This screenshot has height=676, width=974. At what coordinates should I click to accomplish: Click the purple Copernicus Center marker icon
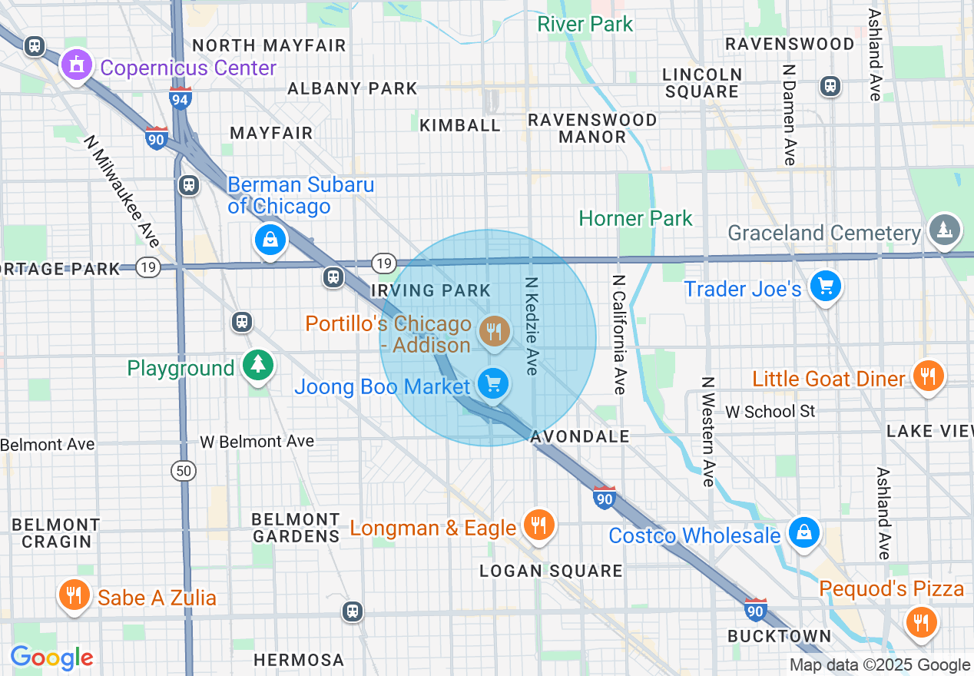click(76, 67)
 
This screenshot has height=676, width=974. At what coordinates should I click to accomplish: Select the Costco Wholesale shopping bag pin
click(803, 532)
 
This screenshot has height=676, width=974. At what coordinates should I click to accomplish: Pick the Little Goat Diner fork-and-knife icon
click(929, 376)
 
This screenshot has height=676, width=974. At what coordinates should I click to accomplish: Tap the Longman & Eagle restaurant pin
click(538, 525)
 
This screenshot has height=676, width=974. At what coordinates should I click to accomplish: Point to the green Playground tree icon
click(257, 366)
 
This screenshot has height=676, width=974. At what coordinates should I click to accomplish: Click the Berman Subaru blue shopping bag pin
click(270, 240)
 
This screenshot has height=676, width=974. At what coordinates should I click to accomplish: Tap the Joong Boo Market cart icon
click(492, 383)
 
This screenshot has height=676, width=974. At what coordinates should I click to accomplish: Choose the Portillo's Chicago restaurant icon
click(492, 333)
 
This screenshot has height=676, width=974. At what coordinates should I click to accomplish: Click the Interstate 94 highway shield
click(181, 98)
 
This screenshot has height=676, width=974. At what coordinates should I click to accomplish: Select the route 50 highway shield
click(184, 471)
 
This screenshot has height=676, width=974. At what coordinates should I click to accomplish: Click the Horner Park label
click(635, 219)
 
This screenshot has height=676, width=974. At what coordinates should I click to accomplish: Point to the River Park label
click(585, 24)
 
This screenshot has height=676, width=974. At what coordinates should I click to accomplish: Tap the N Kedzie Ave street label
click(531, 326)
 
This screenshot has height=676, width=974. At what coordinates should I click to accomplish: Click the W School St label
click(770, 412)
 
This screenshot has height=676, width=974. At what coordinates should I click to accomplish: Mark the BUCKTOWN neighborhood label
click(779, 636)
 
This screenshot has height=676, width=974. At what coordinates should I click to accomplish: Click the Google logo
click(51, 658)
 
